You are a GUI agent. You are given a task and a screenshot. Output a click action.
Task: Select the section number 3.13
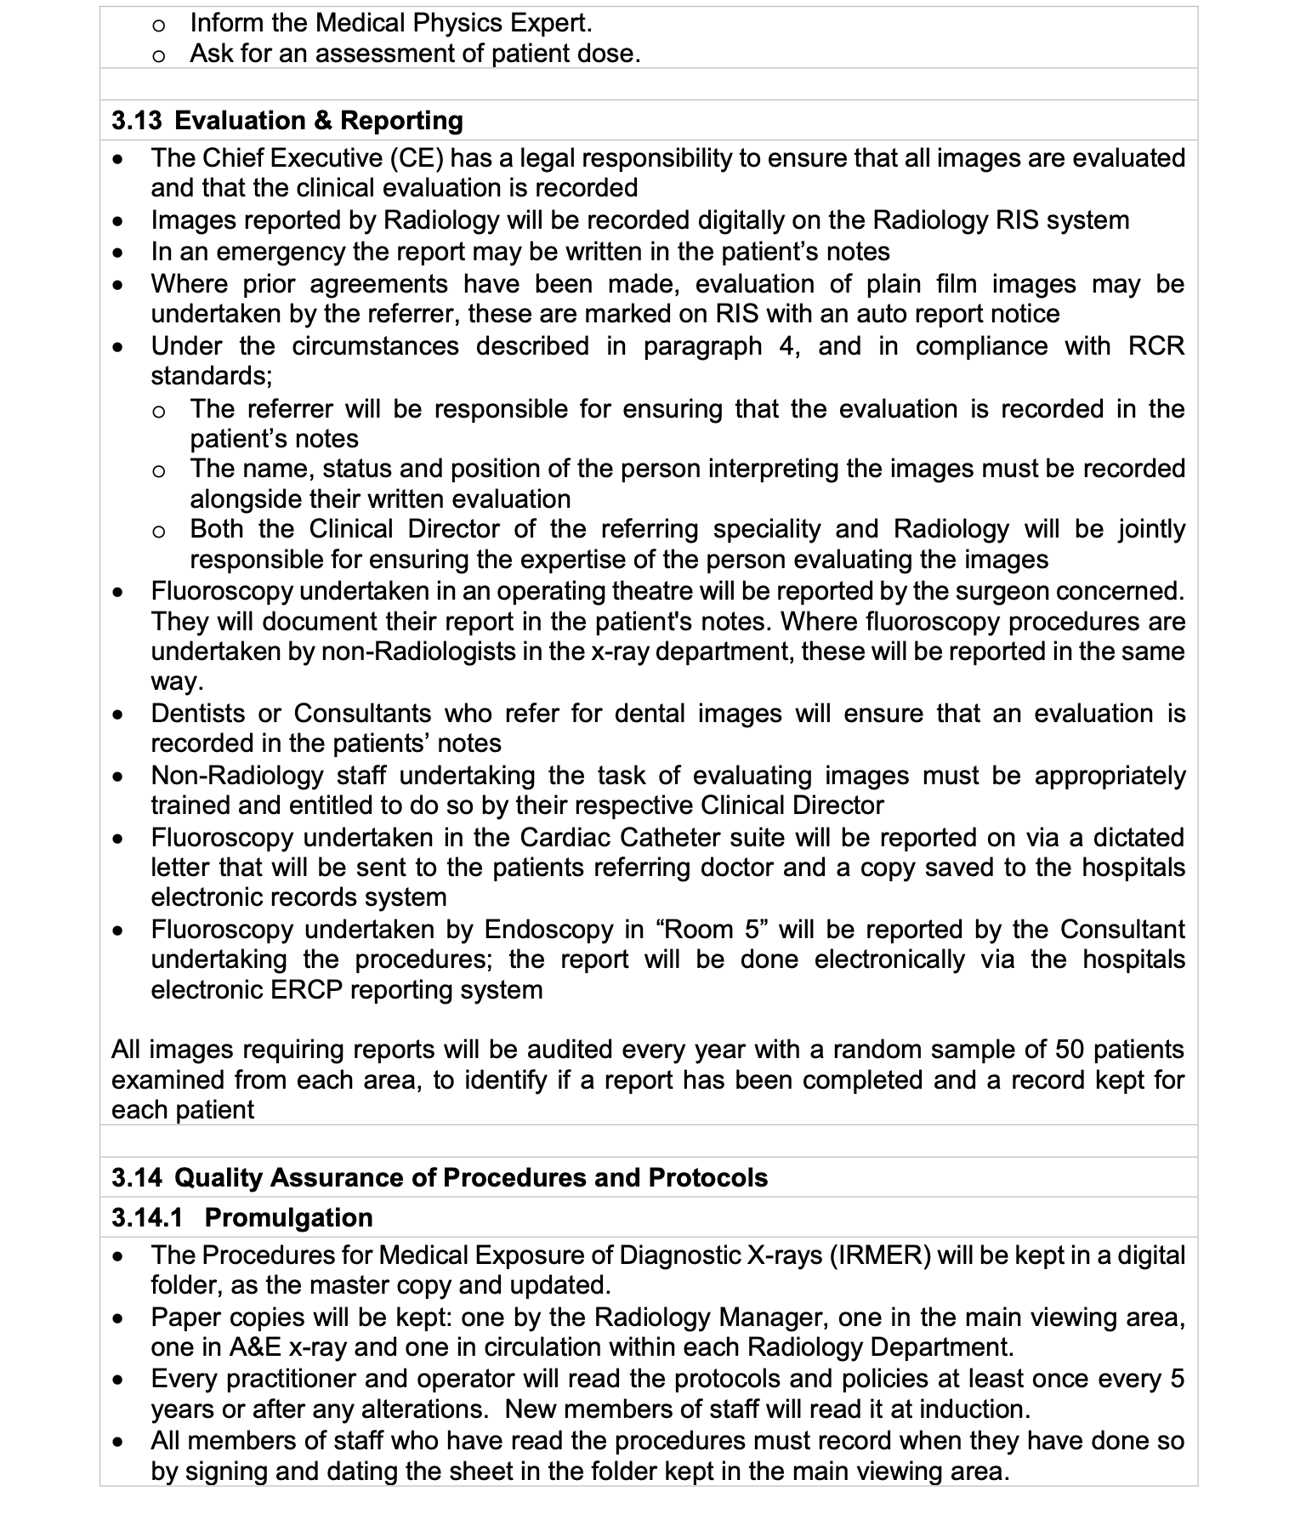[x=136, y=120]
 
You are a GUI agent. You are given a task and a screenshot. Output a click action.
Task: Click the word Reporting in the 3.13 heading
[x=401, y=120]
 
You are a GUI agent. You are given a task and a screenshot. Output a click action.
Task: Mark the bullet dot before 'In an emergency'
[x=122, y=253]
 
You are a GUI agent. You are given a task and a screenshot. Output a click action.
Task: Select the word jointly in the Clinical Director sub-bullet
[x=1151, y=529]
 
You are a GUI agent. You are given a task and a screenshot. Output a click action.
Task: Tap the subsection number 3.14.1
[x=147, y=1217]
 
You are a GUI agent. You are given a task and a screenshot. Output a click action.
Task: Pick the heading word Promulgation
[x=288, y=1217]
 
